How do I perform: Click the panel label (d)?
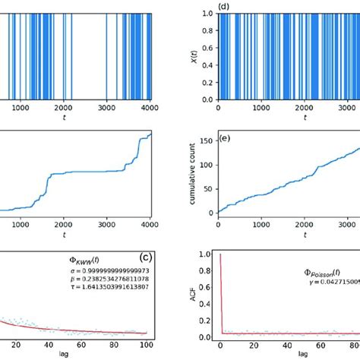[224, 7]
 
